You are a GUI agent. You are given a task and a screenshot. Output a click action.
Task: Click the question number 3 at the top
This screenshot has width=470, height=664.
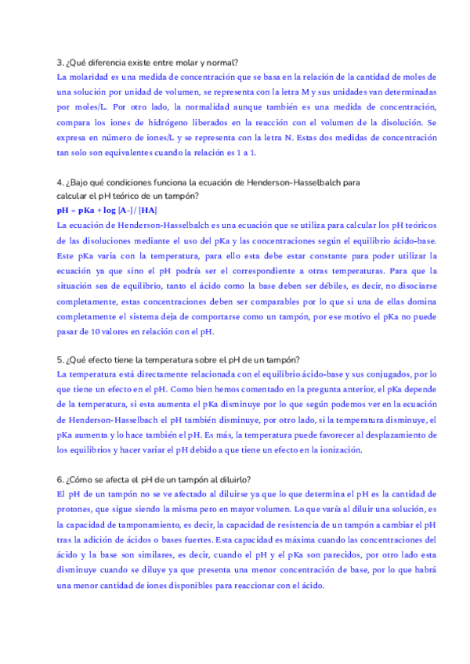click(60, 63)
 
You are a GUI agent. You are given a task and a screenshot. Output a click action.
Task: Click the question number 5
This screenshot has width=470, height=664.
click(60, 360)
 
